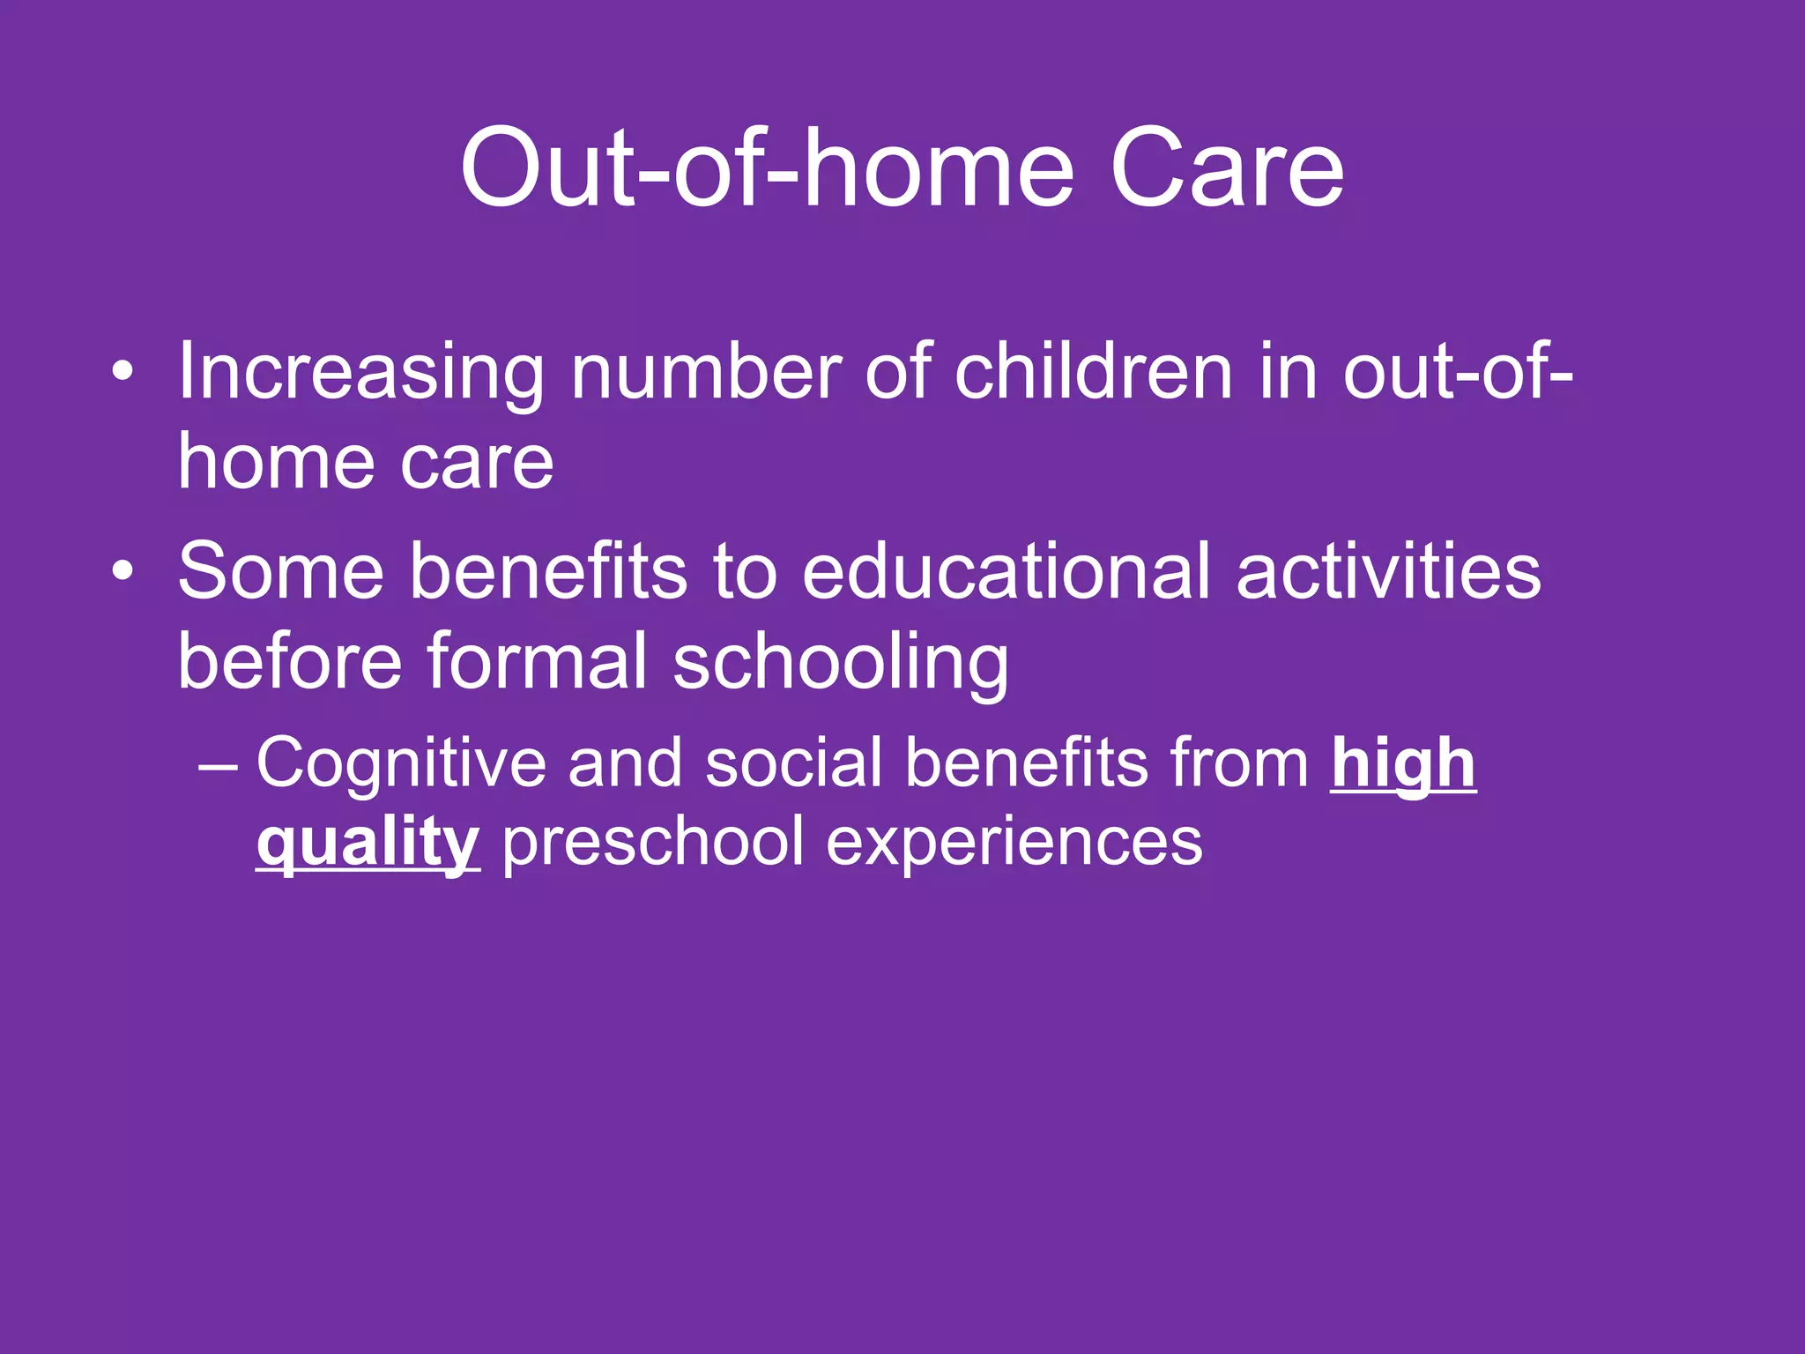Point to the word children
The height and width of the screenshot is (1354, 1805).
(1093, 372)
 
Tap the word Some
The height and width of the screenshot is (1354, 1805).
(280, 572)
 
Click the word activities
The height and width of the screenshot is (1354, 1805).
(1388, 572)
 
